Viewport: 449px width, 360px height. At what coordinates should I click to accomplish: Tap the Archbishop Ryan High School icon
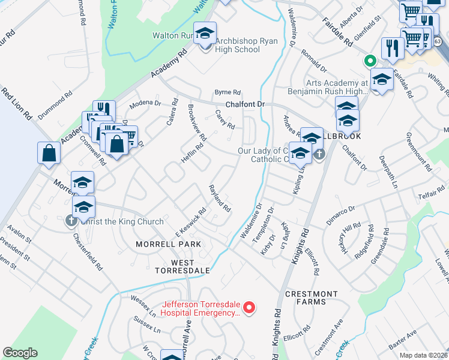click(205, 35)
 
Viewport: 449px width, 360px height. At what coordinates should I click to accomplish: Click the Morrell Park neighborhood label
click(168, 244)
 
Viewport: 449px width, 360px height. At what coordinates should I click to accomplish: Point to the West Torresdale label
click(182, 266)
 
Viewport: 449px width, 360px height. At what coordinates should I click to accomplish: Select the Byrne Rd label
click(228, 92)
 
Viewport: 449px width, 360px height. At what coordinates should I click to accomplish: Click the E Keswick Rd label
click(191, 221)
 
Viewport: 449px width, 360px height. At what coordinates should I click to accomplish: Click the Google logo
click(20, 353)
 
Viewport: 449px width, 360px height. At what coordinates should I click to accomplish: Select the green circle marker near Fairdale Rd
click(370, 61)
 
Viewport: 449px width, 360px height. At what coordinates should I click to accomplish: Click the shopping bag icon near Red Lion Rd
click(49, 153)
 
